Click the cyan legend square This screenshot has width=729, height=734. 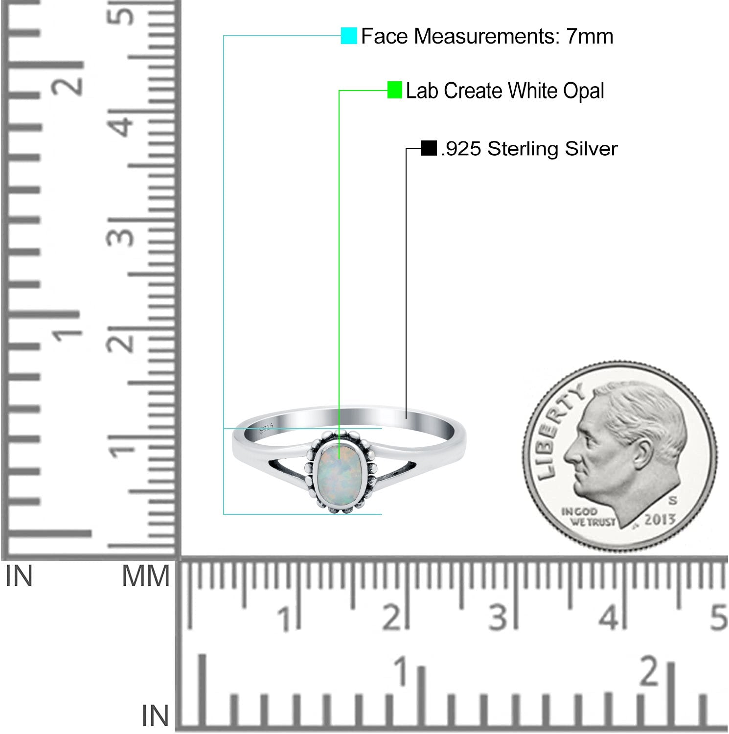click(x=349, y=36)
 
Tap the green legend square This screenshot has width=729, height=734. click(x=395, y=90)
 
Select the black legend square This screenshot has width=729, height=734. click(x=429, y=148)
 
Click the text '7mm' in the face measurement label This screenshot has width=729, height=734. click(x=590, y=36)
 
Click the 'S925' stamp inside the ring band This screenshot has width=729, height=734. click(x=266, y=429)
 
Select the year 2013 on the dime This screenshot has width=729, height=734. click(x=660, y=519)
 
